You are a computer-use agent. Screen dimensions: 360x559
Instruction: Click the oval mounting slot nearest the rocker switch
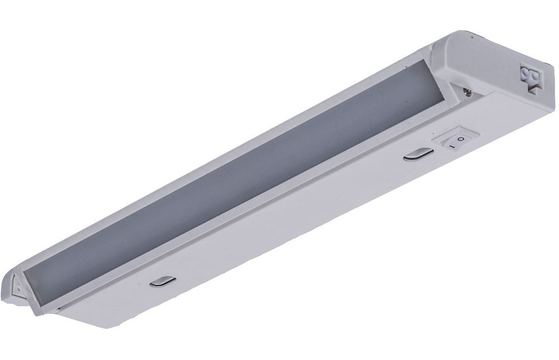[x=419, y=155]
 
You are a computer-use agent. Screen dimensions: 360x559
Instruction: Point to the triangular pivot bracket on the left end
[x=17, y=285]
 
